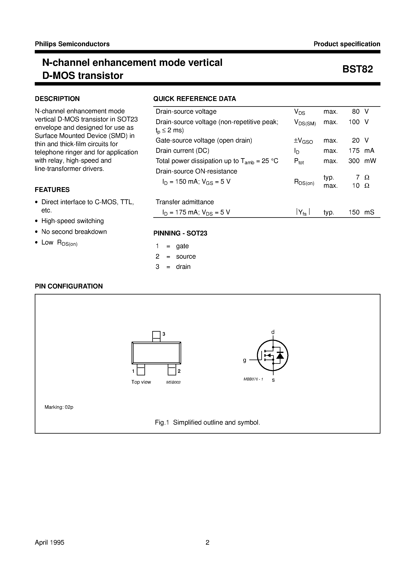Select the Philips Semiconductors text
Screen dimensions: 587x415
click(x=72, y=44)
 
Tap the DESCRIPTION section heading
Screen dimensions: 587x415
click(x=57, y=99)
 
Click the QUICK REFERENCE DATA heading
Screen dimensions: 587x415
click(x=194, y=99)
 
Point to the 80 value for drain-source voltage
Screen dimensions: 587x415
click(x=356, y=111)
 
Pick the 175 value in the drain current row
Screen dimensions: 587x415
click(x=354, y=151)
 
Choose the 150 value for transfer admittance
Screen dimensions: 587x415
click(x=354, y=212)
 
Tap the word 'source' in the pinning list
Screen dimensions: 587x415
click(x=186, y=256)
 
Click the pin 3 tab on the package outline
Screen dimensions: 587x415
click(x=156, y=336)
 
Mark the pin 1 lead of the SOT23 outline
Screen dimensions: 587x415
click(x=141, y=370)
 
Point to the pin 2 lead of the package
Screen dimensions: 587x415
click(x=172, y=370)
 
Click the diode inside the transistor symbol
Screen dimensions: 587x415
click(x=280, y=355)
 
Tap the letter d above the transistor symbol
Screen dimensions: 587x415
click(x=273, y=332)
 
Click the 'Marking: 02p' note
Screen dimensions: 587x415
click(x=59, y=407)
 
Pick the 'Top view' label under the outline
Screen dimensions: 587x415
click(x=141, y=382)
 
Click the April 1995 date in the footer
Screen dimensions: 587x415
click(x=49, y=542)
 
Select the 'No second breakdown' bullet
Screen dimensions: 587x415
click(x=74, y=232)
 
